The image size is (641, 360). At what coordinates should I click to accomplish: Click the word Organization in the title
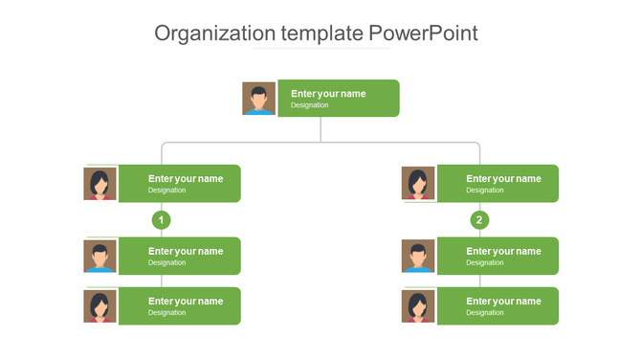point(210,34)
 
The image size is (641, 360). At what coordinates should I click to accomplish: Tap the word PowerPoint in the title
point(423,34)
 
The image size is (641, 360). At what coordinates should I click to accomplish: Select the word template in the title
point(316,34)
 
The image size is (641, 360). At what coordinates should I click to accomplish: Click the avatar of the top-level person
point(258,99)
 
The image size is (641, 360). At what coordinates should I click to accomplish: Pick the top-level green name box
point(339,99)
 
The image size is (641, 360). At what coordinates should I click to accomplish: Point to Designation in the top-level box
point(310,105)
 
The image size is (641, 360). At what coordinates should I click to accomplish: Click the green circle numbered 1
point(162,220)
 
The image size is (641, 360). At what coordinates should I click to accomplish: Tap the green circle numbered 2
point(480,220)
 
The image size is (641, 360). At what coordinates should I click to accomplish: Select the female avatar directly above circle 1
point(100,184)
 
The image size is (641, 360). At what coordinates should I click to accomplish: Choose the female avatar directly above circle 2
point(418,184)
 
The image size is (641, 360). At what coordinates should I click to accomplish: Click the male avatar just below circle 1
point(100,257)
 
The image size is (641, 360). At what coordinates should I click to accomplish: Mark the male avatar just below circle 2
point(418,257)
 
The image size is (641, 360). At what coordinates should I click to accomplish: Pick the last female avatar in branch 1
point(100,306)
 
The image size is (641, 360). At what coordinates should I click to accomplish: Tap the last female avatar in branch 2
point(418,306)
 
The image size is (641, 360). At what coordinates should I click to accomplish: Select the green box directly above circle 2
point(497,184)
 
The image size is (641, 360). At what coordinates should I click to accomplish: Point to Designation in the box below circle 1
point(167,262)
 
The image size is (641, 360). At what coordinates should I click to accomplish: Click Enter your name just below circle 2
point(503,251)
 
